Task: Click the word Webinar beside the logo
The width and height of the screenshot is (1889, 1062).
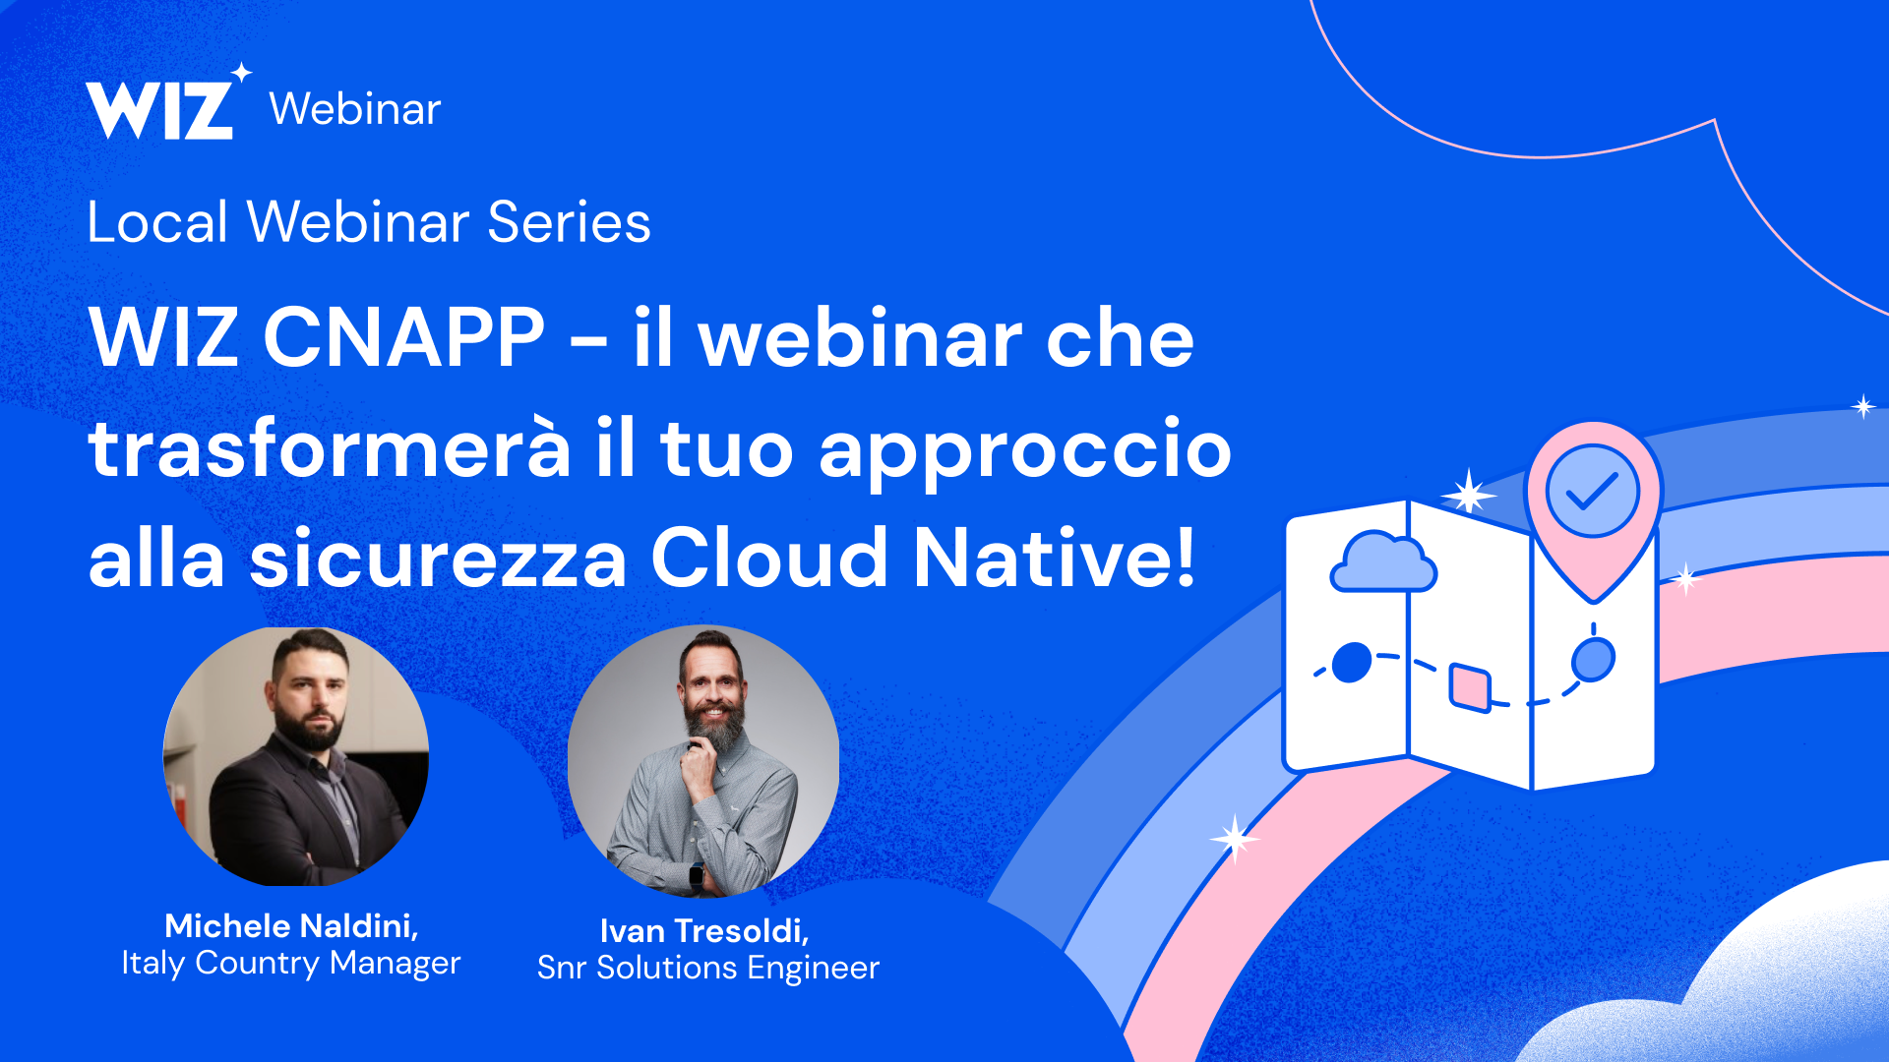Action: point(355,109)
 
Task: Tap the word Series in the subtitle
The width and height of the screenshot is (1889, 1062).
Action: point(569,222)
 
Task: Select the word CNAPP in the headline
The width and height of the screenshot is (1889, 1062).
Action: point(403,337)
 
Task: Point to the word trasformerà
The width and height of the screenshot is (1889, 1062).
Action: point(330,448)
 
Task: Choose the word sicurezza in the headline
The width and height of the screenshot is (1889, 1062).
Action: point(439,559)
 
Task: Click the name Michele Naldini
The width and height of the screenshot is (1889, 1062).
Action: point(291,926)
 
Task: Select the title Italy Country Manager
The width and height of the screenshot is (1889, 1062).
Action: point(291,963)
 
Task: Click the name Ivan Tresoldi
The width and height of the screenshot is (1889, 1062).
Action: point(704,931)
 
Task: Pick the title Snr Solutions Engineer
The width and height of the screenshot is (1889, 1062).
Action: point(708,969)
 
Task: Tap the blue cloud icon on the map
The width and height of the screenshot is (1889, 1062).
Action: point(1382,563)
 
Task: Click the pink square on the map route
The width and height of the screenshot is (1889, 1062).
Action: point(1470,686)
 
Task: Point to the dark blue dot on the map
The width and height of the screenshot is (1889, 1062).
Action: point(1352,663)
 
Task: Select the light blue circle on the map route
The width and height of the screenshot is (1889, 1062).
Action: point(1593,659)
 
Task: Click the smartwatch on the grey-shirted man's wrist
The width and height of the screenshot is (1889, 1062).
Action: point(697,873)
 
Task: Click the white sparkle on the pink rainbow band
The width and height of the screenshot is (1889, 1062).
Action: point(1234,839)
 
